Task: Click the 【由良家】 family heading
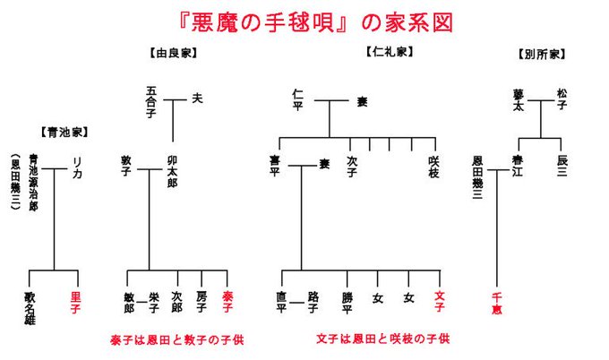pos(171,54)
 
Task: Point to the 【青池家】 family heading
pos(62,132)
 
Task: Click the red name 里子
pos(76,300)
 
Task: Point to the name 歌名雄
pos(31,304)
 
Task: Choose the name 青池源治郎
pos(33,183)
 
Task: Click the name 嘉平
pos(275,166)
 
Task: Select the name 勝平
pos(347,300)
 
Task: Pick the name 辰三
pos(562,166)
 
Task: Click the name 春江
pos(519,166)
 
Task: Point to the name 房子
pos(202,300)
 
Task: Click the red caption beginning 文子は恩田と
pos(382,339)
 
